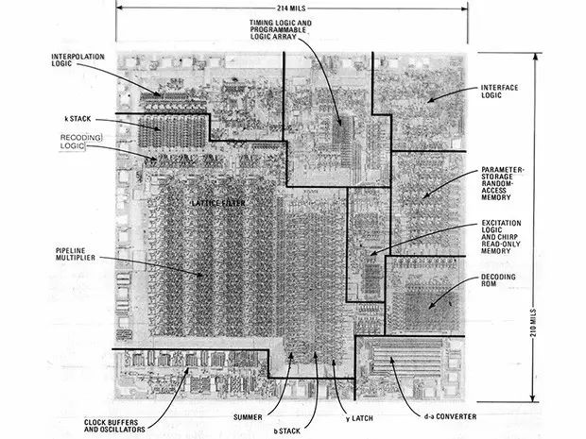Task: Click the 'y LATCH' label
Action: point(349,416)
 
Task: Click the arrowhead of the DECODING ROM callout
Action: point(431,305)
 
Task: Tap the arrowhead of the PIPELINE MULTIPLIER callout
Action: point(203,275)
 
